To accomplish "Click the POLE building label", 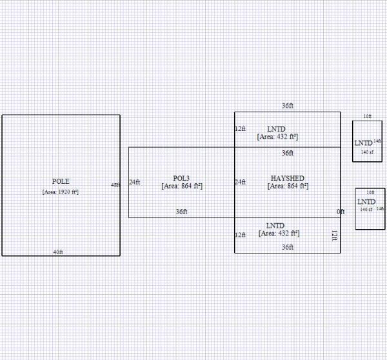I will coord(61,181).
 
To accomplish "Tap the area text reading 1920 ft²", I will coord(61,192).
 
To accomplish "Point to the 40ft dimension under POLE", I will coord(58,252).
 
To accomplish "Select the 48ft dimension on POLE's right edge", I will coord(115,185).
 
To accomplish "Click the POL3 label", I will coord(181,178).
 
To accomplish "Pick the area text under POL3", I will coord(181,186).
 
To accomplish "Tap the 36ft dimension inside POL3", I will coord(181,212).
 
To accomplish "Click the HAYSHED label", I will coord(287,178).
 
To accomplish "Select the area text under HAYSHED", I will coord(287,186).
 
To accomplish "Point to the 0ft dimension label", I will coord(340,212).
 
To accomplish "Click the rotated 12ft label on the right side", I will coord(334,235).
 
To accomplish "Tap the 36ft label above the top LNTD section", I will coord(287,106).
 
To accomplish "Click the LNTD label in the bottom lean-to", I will coord(275,225).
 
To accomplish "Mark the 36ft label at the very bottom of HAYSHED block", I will coord(287,247).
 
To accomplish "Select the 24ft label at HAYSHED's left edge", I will coord(240,182).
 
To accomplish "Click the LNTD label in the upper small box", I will coord(363,143).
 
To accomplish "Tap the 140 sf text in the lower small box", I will coord(366,209).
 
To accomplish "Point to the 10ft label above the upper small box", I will coord(367,116).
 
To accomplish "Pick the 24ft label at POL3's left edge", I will coord(134,182).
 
